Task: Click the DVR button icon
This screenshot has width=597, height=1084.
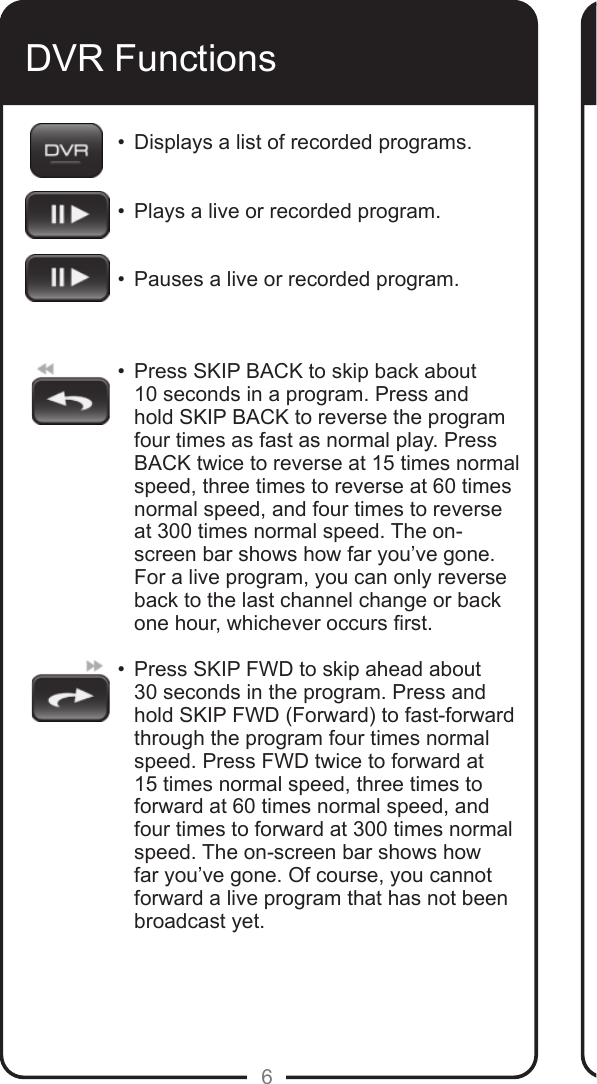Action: (66, 150)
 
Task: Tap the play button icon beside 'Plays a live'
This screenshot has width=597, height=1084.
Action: (67, 215)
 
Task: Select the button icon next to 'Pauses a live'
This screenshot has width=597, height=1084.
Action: (67, 278)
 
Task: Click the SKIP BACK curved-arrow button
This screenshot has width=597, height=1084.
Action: (70, 401)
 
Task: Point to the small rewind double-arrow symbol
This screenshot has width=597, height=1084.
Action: (46, 369)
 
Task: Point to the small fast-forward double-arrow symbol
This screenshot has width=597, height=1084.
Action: (95, 665)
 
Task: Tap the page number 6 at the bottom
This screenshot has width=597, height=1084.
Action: (266, 1076)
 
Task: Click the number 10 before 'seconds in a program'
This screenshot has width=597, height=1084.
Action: (145, 394)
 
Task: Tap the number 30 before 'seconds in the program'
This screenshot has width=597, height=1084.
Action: (146, 693)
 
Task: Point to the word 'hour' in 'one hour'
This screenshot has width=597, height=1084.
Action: (198, 624)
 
